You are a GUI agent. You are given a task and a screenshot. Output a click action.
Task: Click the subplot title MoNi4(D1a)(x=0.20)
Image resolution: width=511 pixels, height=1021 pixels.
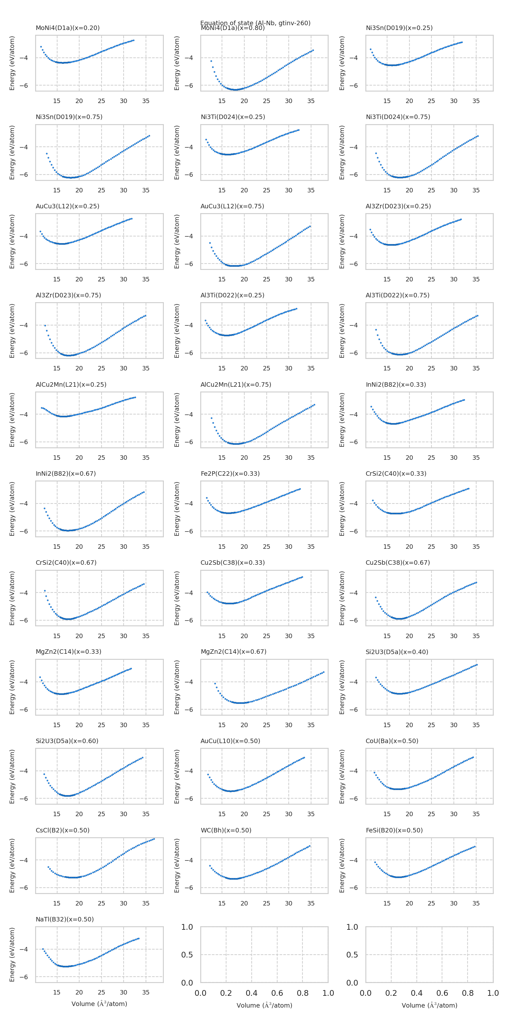coord(67,28)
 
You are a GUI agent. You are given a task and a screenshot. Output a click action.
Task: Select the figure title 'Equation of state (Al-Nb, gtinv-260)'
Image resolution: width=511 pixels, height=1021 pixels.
coord(255,23)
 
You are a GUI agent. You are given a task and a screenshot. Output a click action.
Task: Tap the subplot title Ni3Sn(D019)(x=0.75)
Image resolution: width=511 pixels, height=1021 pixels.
coord(69,117)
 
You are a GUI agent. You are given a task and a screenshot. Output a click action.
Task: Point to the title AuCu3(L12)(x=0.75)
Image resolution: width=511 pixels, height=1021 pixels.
coord(232,206)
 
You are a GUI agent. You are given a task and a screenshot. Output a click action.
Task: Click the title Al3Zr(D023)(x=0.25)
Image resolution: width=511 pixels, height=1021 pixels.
coord(398,206)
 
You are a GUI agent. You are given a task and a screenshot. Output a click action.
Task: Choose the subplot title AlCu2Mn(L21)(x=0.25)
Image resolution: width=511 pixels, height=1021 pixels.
coord(71,384)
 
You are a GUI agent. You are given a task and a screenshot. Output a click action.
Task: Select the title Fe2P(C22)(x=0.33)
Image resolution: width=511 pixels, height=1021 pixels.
coord(230,473)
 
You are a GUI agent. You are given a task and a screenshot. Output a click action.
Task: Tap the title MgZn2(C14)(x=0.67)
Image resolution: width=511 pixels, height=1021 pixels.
coord(233,652)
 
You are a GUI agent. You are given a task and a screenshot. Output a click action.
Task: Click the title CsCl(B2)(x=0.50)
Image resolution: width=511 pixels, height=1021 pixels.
coord(63,830)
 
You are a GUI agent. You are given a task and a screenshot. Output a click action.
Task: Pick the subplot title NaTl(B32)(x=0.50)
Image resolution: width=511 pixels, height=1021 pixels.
coord(65,919)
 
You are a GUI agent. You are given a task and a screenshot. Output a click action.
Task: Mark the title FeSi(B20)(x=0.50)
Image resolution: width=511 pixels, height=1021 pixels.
coord(394,830)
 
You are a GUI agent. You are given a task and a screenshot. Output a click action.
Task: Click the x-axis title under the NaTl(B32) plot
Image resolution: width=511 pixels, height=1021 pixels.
coord(99,1003)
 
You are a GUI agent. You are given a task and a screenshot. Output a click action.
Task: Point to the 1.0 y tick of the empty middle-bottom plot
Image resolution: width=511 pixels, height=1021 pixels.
coord(187,927)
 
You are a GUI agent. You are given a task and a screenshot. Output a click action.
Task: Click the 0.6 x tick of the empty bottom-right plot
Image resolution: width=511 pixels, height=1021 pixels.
coord(442,993)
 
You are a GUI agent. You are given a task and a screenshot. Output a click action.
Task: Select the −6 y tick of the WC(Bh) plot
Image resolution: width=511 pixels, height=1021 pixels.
coord(189,888)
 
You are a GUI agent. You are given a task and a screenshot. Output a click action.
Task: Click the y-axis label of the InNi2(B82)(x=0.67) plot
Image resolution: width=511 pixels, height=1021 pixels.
coord(12,509)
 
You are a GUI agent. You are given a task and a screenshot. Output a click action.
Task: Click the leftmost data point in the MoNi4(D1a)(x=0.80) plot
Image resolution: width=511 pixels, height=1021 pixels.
coord(211,61)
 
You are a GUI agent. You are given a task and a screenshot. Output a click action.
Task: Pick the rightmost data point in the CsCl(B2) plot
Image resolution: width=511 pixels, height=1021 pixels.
coord(154,839)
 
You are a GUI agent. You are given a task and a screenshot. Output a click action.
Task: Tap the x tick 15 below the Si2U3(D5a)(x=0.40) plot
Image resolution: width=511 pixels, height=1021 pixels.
coord(387,725)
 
